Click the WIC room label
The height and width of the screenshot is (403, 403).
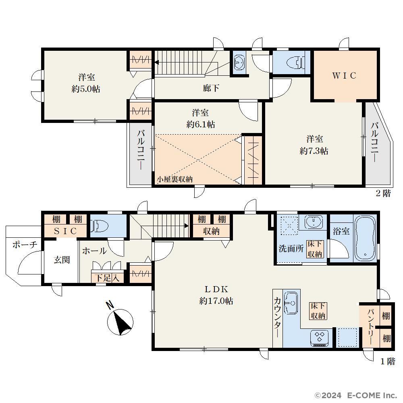[344, 76]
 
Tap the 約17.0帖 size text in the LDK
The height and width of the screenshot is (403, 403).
[216, 301]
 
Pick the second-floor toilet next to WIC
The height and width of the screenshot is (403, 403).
[295, 62]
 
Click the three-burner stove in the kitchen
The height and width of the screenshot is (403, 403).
[320, 337]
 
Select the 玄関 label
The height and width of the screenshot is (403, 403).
[62, 260]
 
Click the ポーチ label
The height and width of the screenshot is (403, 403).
[25, 245]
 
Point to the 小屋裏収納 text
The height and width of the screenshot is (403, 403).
[175, 179]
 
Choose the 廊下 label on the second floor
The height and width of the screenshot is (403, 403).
[211, 88]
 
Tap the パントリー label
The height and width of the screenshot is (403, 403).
[371, 327]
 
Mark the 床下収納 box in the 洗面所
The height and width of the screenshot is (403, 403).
[315, 249]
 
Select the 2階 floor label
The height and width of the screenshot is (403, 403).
[383, 193]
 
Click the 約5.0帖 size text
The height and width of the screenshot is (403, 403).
[86, 89]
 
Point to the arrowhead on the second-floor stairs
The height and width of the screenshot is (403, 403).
[156, 62]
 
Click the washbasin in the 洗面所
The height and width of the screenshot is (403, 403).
[313, 222]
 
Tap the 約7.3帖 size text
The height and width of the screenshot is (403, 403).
[314, 151]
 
